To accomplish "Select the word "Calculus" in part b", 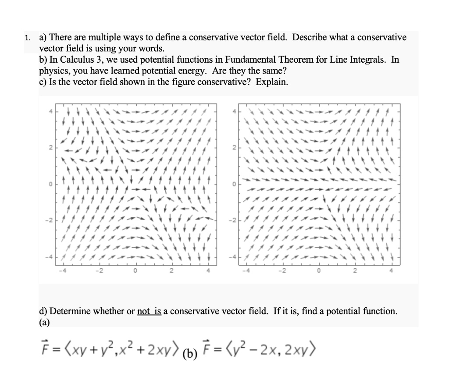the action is pos(73,60).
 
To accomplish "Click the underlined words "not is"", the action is pos(149,311).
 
